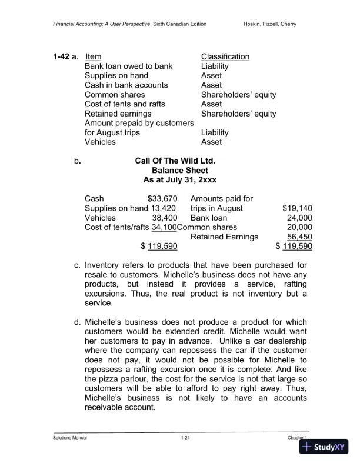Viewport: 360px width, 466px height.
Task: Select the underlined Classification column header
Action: (x=225, y=57)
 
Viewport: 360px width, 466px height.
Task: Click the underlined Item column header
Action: (x=94, y=57)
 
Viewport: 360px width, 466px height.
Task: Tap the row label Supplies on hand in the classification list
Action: (x=116, y=76)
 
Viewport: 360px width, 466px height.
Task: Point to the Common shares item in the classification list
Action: (x=115, y=95)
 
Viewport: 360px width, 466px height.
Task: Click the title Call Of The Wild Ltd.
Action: (x=175, y=161)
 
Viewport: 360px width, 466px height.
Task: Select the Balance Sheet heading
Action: (x=175, y=170)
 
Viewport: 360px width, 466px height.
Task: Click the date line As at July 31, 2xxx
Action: (x=175, y=179)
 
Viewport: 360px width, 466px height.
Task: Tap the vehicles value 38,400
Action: (x=165, y=217)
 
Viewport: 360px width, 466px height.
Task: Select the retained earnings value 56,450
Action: (x=299, y=236)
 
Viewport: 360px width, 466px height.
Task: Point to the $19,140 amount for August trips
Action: (x=297, y=208)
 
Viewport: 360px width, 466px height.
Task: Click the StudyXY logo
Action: (x=324, y=447)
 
